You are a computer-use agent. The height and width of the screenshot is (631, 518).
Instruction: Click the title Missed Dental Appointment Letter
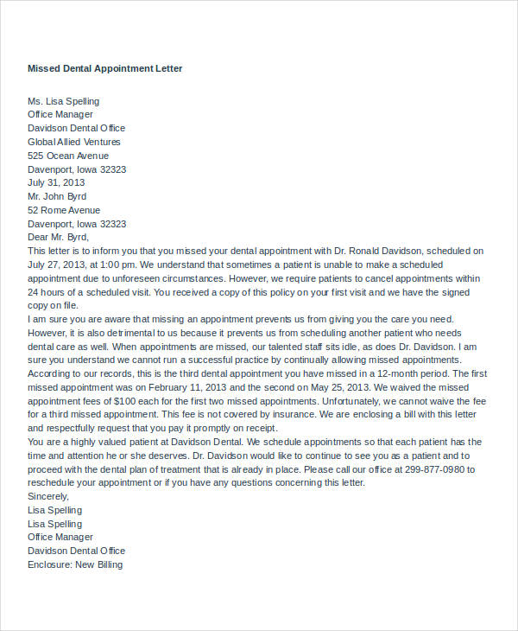click(105, 68)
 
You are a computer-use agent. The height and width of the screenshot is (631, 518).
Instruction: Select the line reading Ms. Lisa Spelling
click(63, 101)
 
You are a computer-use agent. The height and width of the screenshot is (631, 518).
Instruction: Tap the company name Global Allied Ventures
click(74, 142)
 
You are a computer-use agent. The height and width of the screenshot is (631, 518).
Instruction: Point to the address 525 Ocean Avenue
click(68, 156)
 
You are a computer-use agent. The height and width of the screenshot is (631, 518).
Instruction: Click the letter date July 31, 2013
click(56, 183)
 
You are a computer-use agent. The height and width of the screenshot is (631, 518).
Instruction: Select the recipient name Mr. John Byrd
click(58, 196)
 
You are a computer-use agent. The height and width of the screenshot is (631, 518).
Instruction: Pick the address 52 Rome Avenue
click(64, 210)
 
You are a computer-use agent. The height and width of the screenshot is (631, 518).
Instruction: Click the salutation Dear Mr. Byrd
click(59, 237)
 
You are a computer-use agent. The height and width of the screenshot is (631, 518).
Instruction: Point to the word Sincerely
click(48, 496)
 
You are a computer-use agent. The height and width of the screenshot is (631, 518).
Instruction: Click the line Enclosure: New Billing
click(75, 564)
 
